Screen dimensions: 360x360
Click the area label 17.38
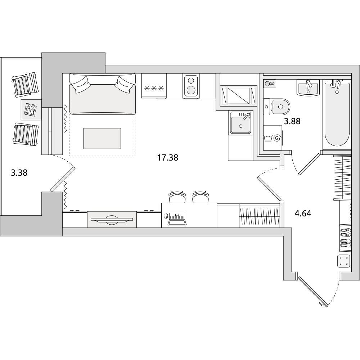point(168,158)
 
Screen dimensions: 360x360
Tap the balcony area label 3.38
point(19,173)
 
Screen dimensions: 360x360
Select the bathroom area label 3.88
point(292,121)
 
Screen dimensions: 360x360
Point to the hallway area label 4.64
point(303,213)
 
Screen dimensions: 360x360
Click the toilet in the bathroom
point(276,107)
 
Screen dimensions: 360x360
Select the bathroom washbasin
point(308,87)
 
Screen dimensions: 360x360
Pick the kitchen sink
point(240,123)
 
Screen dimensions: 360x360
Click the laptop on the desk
point(176,219)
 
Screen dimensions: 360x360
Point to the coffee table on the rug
point(102,139)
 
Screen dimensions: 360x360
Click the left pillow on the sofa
point(80,85)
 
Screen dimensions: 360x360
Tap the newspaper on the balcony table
point(31,109)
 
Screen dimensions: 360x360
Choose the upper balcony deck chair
point(24,85)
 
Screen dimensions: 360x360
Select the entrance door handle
point(323,305)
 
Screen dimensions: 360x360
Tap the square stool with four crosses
point(344,261)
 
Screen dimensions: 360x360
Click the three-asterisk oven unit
point(154,86)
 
